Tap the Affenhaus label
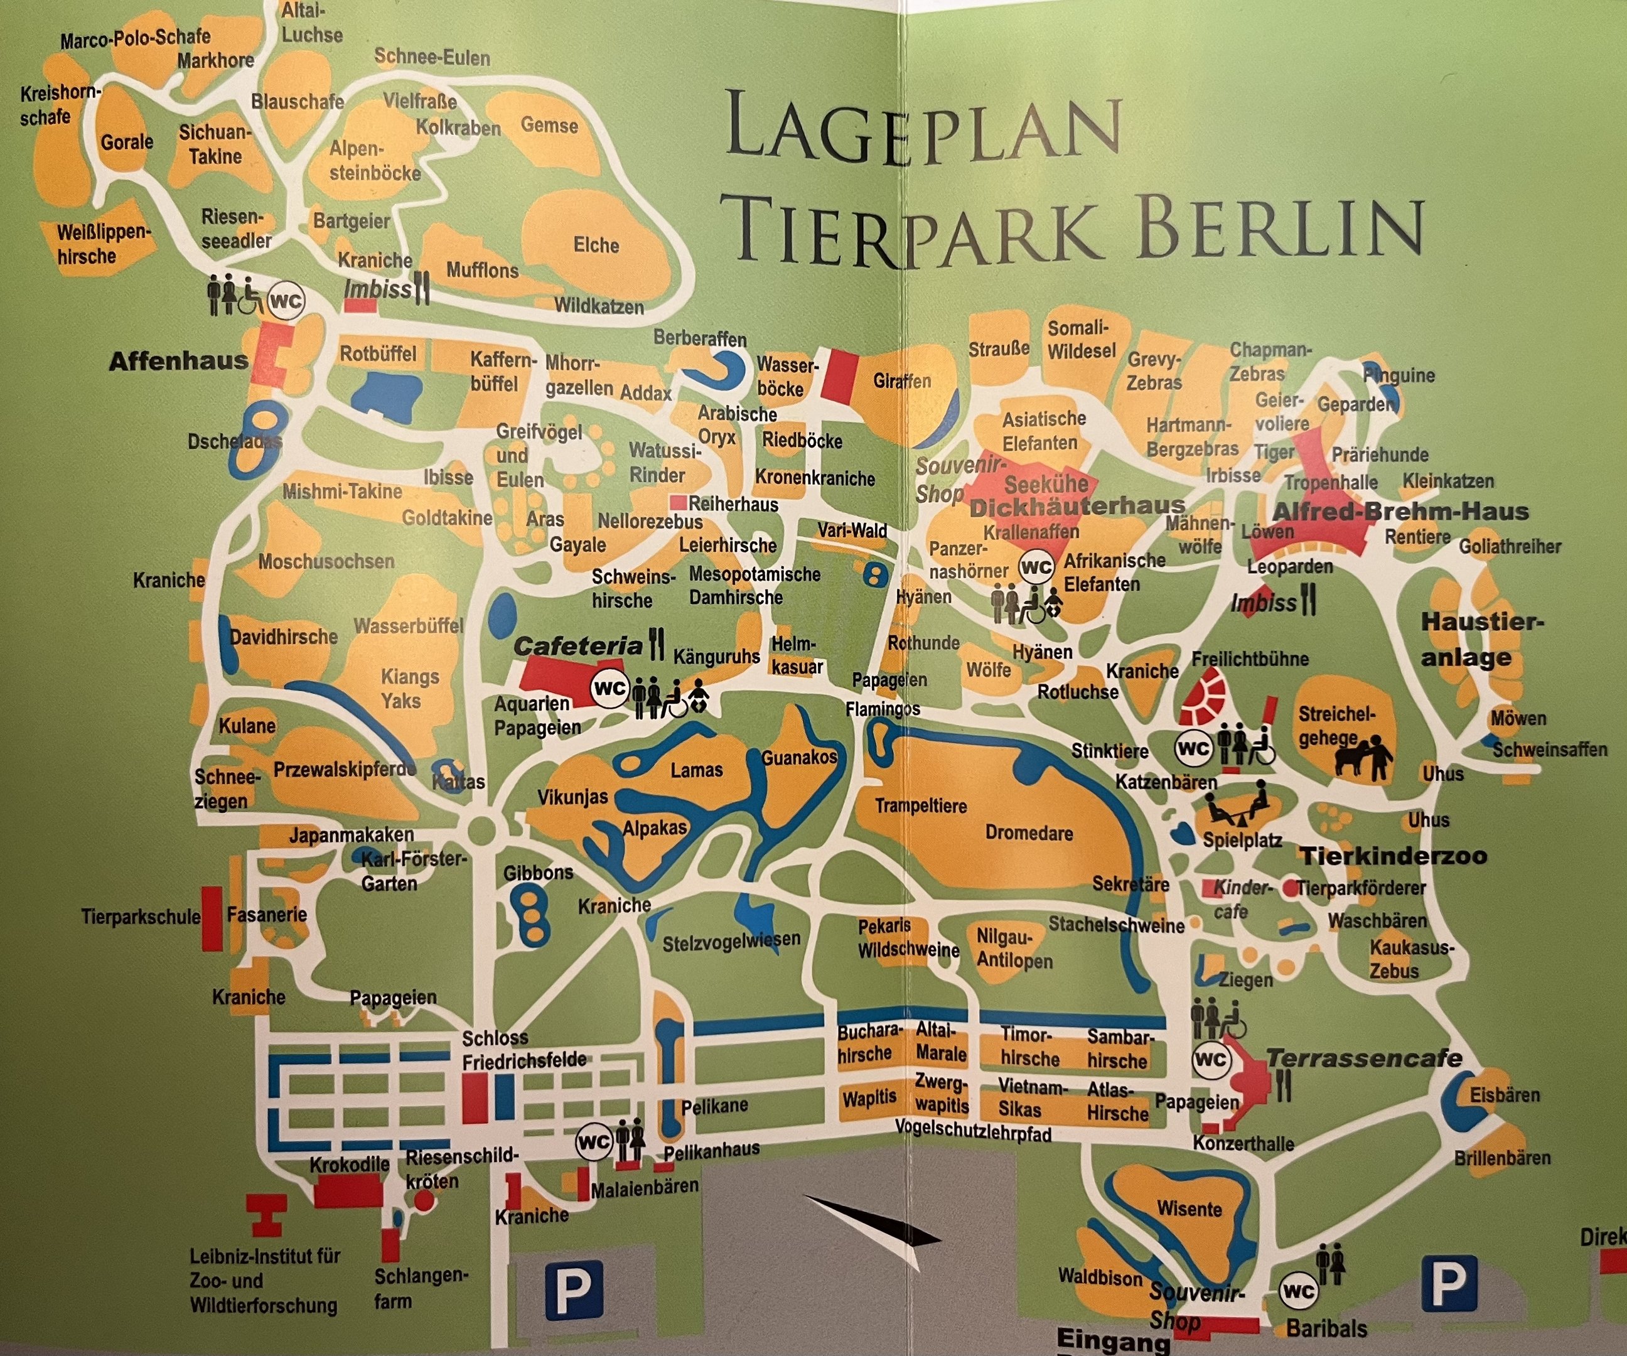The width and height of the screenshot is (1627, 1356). coord(178,361)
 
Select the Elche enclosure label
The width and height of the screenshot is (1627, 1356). coord(596,245)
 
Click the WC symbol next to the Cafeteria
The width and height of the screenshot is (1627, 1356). coord(609,688)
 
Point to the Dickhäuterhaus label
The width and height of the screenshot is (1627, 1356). coord(1077,507)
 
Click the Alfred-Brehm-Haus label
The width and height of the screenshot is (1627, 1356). coord(1400,512)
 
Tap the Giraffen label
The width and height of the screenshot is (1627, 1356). coord(902,381)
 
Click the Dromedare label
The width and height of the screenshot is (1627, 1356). coord(1029,833)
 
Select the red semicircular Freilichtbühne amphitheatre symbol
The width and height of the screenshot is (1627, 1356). coord(1203,697)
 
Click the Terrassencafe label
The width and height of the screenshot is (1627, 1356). coord(1363,1058)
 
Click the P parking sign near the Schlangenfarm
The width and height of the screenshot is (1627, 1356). coord(573,1290)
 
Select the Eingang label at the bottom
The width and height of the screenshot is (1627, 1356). coord(1112,1339)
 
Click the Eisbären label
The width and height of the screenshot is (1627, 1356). coord(1505,1095)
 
